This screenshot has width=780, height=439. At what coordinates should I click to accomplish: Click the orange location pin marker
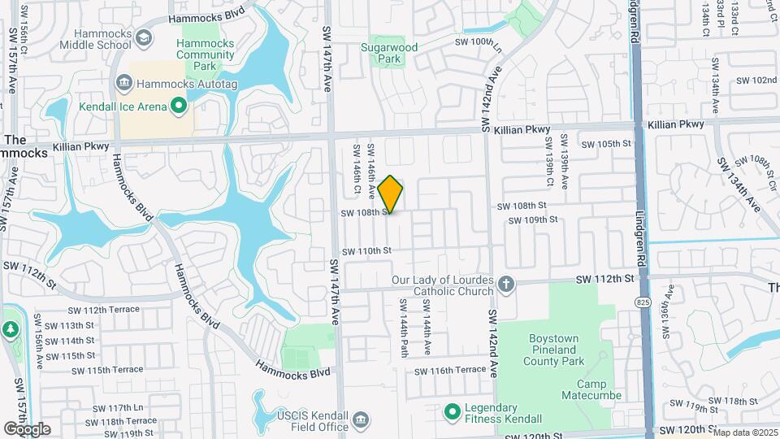[x=391, y=194]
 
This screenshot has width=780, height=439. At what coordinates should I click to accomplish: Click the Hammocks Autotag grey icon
[x=124, y=82]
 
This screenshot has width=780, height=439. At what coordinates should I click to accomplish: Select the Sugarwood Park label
[x=389, y=53]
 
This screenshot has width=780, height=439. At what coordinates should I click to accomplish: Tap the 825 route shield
[x=643, y=302]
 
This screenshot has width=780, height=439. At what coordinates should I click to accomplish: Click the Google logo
[x=27, y=428]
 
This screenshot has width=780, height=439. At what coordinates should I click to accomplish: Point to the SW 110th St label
[x=366, y=251]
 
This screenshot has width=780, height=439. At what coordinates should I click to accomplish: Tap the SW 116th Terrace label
[x=450, y=371]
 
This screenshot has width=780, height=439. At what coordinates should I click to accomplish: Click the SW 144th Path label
[x=403, y=327]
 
